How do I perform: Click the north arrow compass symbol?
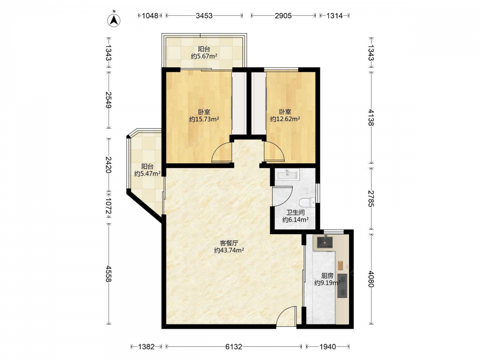click(x=114, y=19)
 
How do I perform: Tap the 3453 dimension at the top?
click(x=204, y=16)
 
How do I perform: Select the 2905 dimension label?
click(x=283, y=16)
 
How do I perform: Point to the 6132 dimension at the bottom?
click(x=234, y=347)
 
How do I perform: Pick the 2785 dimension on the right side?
click(x=371, y=199)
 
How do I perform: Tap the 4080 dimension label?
click(x=371, y=279)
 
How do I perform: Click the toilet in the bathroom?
click(x=307, y=203)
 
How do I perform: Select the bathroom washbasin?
click(x=288, y=175)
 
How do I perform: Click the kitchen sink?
click(x=324, y=242)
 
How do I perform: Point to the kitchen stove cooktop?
click(x=342, y=286)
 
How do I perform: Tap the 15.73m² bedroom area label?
click(x=204, y=120)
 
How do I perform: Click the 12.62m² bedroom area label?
click(x=285, y=119)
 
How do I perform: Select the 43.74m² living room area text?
click(x=229, y=251)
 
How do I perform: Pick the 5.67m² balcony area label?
click(x=204, y=56)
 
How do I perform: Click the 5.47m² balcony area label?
click(x=147, y=174)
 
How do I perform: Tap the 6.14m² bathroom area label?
click(x=295, y=219)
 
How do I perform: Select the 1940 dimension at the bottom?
click(x=327, y=347)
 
